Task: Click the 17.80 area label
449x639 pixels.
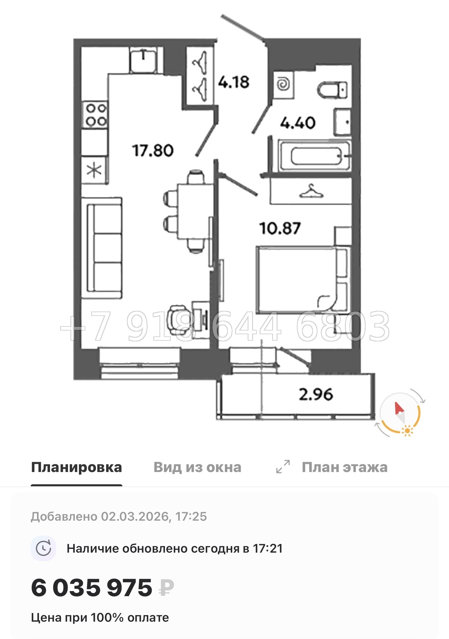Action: [153, 150]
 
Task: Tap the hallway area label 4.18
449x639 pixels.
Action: [234, 82]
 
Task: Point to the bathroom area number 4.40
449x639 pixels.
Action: [298, 123]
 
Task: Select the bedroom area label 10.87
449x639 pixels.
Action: [280, 228]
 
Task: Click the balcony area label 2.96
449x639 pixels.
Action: [316, 394]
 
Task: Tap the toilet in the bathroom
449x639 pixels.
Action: [332, 90]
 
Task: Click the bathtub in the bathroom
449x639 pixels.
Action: [315, 156]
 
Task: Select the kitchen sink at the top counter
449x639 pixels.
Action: [143, 60]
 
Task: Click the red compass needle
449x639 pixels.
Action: [399, 408]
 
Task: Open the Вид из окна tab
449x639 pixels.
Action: [197, 467]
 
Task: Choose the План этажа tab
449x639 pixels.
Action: [344, 467]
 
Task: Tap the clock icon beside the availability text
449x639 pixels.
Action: [44, 549]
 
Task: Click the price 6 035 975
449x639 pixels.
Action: [92, 588]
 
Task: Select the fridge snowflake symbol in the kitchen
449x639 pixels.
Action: [94, 170]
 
